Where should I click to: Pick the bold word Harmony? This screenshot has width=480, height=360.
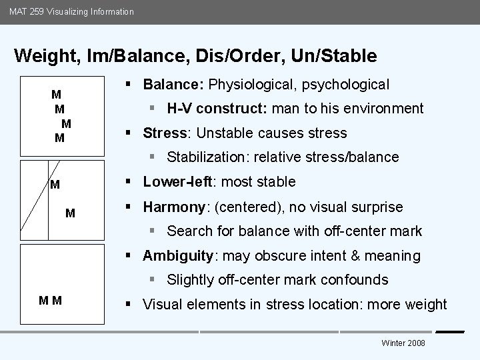tap(175, 207)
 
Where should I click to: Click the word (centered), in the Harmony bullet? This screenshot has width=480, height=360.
tap(245, 207)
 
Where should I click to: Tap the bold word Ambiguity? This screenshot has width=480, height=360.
tap(177, 256)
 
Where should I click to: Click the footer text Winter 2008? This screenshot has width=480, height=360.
tap(403, 343)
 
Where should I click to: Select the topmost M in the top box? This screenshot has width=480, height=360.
tap(57, 94)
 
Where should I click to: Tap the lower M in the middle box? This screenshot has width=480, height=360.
tap(71, 213)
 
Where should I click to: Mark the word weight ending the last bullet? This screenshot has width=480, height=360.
tap(425, 305)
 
